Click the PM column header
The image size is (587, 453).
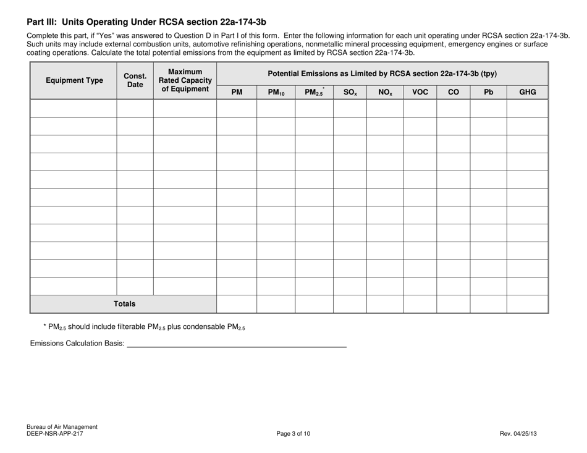(237, 93)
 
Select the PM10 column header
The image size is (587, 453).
(276, 93)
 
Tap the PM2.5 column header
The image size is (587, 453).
(314, 93)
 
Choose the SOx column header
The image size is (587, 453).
(350, 93)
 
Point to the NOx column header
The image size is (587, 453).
(385, 93)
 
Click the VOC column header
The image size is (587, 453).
(420, 93)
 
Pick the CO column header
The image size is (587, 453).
(453, 93)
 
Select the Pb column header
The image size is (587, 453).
(488, 93)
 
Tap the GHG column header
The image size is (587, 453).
(527, 93)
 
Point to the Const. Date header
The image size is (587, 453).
(135, 80)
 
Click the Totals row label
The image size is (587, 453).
(124, 304)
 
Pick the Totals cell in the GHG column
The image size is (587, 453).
(527, 304)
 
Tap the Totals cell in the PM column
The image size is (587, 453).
(237, 304)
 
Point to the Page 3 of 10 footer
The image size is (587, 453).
(293, 434)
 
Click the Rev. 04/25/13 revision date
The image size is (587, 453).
(518, 434)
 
